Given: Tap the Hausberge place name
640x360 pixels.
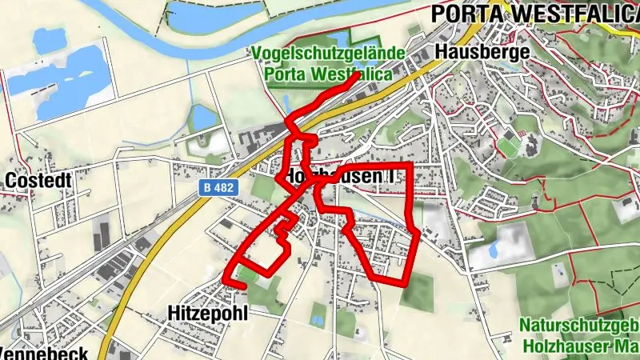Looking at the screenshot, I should pos(483,52).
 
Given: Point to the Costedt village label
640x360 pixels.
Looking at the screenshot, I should pos(38,181).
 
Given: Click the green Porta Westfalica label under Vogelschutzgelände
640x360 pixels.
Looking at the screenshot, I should pos(329,74).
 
